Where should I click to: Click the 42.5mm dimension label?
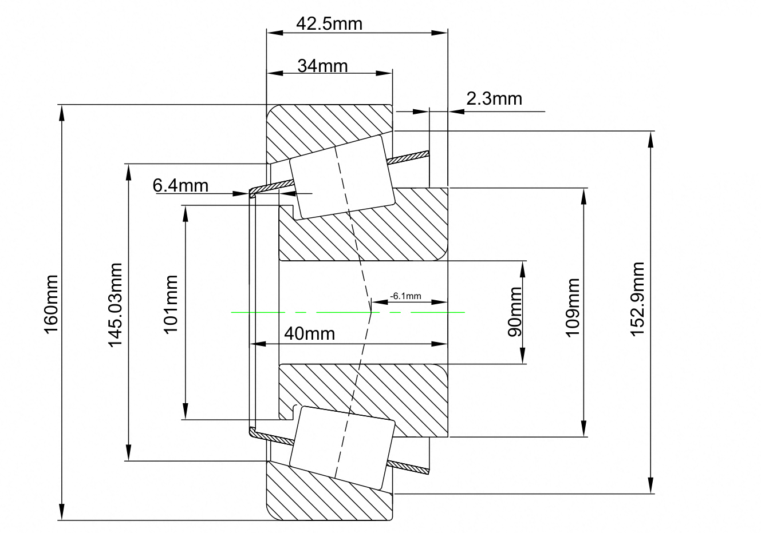tap(329, 24)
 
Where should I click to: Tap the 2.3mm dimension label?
tap(494, 99)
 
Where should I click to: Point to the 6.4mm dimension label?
tap(180, 186)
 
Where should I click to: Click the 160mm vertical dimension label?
tap(52, 304)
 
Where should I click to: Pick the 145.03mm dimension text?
tap(116, 305)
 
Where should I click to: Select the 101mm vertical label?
tap(171, 304)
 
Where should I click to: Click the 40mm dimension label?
tap(309, 333)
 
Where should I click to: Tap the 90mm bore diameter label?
tap(515, 312)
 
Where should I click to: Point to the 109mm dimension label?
tap(573, 307)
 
